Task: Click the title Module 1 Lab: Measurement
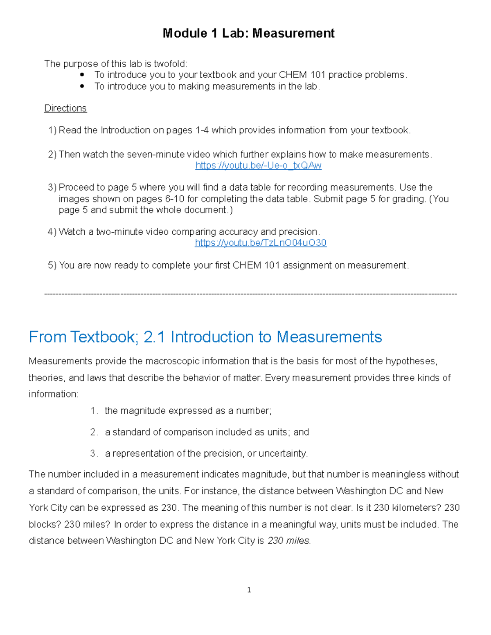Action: (x=248, y=33)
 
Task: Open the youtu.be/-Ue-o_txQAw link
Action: (x=258, y=166)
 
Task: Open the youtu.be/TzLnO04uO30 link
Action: (x=261, y=243)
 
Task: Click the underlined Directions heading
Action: (x=65, y=108)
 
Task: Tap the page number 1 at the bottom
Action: (x=249, y=590)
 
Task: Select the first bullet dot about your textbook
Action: (x=82, y=75)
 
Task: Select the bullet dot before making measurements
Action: (x=82, y=86)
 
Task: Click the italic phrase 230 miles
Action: (x=289, y=541)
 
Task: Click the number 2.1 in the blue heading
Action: (x=154, y=337)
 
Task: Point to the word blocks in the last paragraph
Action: (x=41, y=525)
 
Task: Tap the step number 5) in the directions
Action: (x=52, y=265)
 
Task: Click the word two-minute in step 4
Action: (x=119, y=232)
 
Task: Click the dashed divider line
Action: (x=250, y=294)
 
